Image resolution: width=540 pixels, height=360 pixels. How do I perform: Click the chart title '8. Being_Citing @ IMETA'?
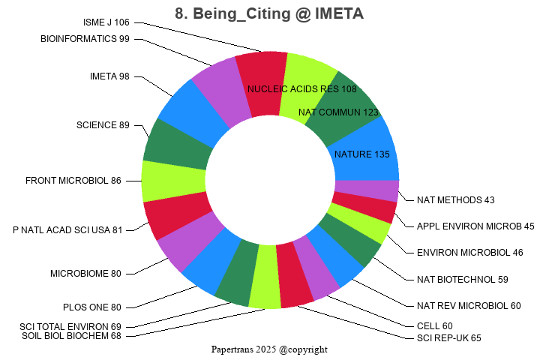click(269, 13)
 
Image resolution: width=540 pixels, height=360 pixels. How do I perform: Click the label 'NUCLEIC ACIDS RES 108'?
click(301, 88)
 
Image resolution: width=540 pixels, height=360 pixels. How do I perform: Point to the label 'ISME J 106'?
click(106, 22)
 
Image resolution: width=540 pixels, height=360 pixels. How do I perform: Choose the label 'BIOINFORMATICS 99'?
click(85, 39)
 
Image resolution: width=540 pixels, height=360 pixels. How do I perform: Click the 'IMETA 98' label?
click(109, 76)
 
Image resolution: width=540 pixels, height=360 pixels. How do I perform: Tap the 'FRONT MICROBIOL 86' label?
click(73, 181)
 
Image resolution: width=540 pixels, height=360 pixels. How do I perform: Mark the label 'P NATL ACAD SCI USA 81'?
click(67, 229)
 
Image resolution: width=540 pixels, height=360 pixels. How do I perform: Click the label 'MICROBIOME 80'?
click(85, 274)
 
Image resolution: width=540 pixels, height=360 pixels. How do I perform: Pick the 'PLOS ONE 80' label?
click(91, 307)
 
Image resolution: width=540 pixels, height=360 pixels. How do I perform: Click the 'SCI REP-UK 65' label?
click(449, 338)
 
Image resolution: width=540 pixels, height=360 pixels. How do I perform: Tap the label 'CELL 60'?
click(434, 326)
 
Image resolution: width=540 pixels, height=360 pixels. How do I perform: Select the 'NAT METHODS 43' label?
click(456, 199)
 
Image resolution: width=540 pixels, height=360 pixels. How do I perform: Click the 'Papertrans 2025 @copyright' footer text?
click(269, 349)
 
